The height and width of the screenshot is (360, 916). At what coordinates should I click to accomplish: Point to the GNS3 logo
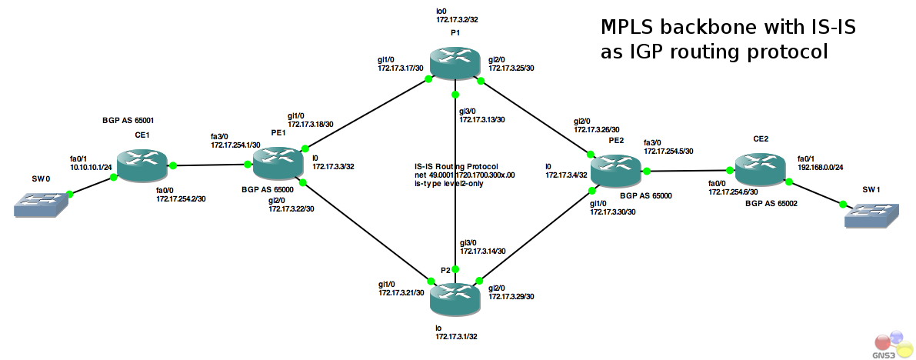(891, 345)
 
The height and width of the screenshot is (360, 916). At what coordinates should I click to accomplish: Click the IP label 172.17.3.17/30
(401, 68)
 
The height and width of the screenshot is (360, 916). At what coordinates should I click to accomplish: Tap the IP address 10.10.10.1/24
(91, 166)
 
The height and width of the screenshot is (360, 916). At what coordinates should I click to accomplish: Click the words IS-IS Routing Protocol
(456, 166)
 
